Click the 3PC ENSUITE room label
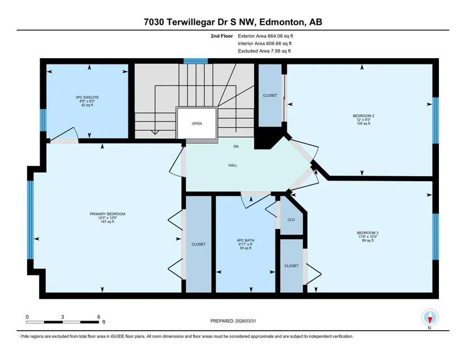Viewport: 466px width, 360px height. [87, 98]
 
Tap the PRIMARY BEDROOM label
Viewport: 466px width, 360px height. [107, 214]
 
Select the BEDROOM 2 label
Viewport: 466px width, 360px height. [363, 116]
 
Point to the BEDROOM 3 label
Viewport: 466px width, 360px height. [368, 233]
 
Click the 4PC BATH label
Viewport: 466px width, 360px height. [246, 240]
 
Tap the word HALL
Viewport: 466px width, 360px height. [233, 165]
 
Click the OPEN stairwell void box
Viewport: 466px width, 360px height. [197, 123]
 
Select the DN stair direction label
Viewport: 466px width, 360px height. [236, 147]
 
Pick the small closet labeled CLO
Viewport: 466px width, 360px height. [291, 219]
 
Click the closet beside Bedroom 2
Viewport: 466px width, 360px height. [270, 95]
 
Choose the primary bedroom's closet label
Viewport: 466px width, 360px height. [198, 244]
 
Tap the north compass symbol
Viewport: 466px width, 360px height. [430, 318]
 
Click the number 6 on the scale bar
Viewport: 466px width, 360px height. [99, 317]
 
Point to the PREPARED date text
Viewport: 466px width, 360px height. [233, 321]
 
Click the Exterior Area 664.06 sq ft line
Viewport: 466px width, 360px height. [265, 36]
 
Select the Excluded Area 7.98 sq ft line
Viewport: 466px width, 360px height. [264, 51]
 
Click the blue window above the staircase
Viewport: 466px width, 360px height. [195, 61]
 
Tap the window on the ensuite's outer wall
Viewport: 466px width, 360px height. [43, 120]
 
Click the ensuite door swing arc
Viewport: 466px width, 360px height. [76, 133]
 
